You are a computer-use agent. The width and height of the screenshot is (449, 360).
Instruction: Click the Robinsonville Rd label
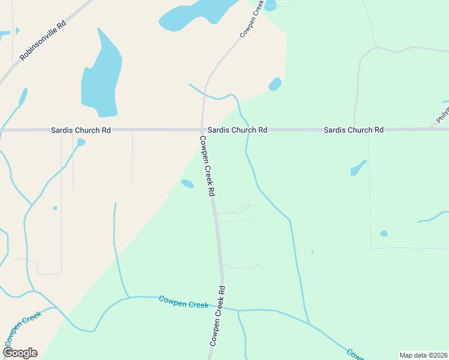point(43,42)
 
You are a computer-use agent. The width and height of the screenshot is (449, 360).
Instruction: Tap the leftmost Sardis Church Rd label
point(81,130)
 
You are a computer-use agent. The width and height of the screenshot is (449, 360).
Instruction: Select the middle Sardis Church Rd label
point(238,130)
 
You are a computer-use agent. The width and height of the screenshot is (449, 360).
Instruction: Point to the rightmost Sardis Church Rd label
point(354,130)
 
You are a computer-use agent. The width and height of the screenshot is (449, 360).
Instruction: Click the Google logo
point(20,353)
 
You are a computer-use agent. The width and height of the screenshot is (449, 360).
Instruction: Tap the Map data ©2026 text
point(423,355)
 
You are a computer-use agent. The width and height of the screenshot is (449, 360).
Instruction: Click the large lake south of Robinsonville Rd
point(101,75)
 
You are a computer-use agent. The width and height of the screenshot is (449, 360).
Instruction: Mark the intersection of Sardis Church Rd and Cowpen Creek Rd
point(202,130)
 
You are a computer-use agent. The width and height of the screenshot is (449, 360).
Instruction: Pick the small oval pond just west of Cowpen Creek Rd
point(188,184)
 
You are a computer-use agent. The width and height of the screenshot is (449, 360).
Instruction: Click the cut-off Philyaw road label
point(442,115)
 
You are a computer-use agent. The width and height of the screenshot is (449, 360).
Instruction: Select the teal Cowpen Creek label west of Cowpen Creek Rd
point(184,302)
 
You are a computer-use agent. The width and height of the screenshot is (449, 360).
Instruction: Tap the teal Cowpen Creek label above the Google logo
point(23,325)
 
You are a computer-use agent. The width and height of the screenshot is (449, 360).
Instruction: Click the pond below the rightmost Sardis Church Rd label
point(358,168)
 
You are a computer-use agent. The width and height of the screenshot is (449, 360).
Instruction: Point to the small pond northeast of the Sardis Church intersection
point(275,84)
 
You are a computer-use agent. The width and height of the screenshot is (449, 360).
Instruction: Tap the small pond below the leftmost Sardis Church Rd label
point(81,142)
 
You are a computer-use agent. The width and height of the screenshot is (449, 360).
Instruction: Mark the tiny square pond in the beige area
point(55,208)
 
